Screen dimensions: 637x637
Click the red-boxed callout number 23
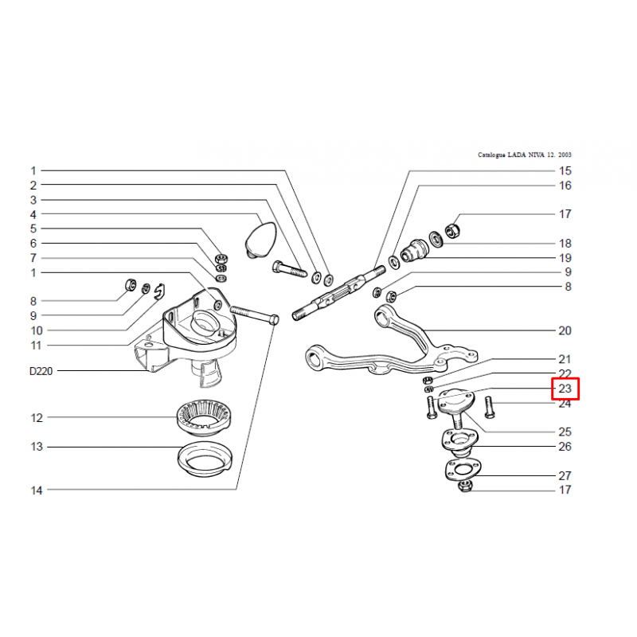pos(565,389)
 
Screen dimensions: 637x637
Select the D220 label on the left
pos(41,371)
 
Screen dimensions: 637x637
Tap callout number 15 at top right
pos(565,170)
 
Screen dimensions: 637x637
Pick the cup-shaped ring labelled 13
pos(205,460)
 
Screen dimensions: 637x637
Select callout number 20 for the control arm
pos(565,330)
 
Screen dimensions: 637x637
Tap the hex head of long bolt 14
pos(274,319)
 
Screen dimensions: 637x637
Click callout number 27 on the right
pos(565,475)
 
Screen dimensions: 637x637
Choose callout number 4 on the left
pos(33,214)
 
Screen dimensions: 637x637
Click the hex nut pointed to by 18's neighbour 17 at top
pos(452,231)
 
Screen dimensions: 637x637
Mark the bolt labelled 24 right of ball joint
pos(489,407)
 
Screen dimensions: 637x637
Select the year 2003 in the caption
pos(565,154)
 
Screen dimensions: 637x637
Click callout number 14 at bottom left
pos(37,490)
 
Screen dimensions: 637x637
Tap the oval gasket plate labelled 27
pos(463,471)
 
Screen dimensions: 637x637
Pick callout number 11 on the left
pos(36,346)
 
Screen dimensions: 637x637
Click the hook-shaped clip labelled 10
pos(160,291)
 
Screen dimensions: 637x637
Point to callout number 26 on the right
pos(565,447)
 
